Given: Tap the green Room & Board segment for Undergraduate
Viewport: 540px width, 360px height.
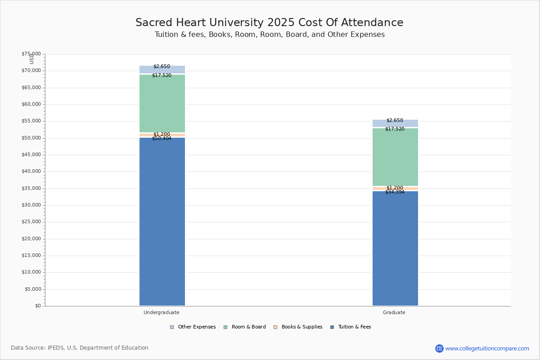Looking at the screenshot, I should (x=162, y=103).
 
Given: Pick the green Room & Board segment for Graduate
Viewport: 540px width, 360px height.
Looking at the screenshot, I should (x=395, y=157).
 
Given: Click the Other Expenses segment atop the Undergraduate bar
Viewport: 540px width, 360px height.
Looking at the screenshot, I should (x=162, y=70).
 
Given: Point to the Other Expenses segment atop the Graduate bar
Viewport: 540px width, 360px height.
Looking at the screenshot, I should (x=395, y=123).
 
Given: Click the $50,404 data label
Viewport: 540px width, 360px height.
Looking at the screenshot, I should (x=162, y=139).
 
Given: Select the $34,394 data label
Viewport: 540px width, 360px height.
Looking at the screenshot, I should (x=395, y=192).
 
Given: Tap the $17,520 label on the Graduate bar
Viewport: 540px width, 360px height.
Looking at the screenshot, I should (x=395, y=129).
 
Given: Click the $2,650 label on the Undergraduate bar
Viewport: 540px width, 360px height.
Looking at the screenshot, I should (x=162, y=67).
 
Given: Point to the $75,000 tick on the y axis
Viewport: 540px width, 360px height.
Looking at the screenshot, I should (x=31, y=54).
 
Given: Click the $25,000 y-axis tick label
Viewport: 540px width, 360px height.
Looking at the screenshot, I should (x=31, y=222).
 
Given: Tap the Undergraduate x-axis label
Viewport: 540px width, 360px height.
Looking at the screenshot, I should (x=162, y=312).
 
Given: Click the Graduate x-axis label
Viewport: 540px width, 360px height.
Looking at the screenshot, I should (x=394, y=312).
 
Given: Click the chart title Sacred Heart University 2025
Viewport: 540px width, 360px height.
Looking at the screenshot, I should (x=269, y=23).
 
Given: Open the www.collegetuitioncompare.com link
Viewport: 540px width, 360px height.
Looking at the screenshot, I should (x=487, y=348).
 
